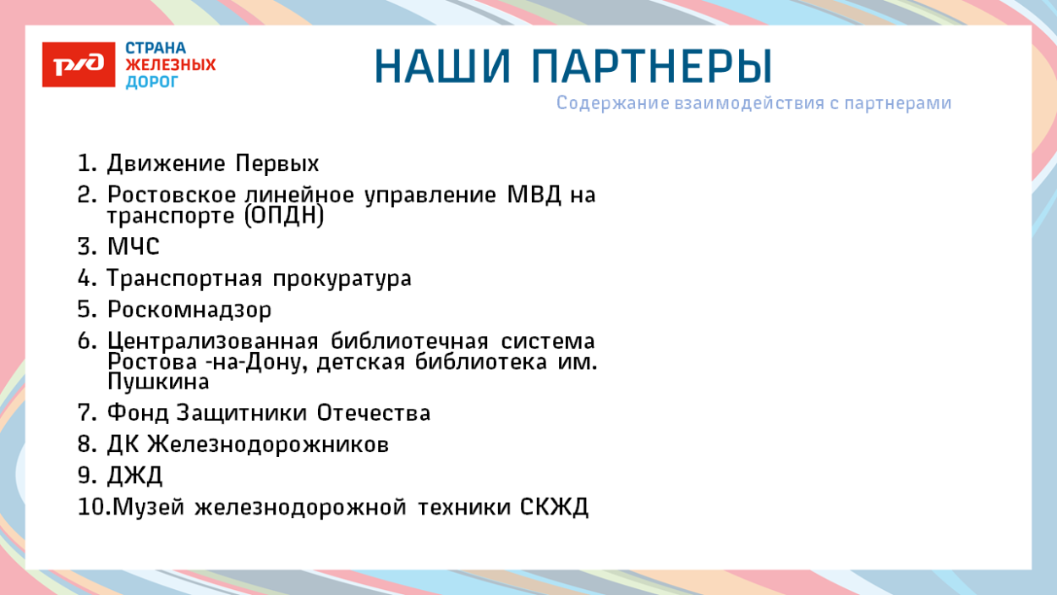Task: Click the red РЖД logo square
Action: (79, 65)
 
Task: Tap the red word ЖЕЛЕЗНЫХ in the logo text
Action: (170, 65)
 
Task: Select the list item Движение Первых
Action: (212, 163)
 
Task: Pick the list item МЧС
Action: (133, 247)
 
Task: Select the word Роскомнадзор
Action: (189, 310)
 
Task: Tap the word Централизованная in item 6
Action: (212, 341)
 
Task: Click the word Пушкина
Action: (158, 383)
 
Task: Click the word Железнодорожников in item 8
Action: (268, 444)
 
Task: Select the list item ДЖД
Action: (134, 476)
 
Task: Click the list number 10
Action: (89, 508)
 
